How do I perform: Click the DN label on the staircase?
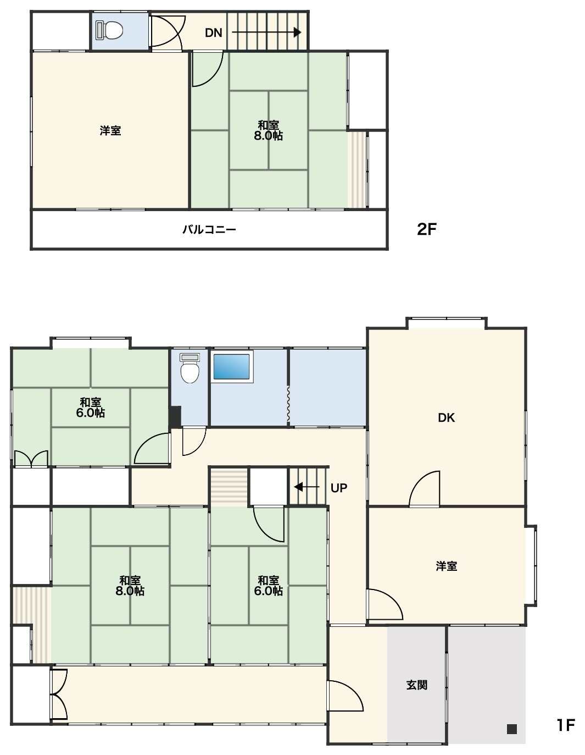click(213, 33)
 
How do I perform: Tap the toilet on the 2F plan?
click(109, 30)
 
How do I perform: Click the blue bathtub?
click(231, 366)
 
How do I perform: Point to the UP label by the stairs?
click(338, 488)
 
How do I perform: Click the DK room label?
click(446, 417)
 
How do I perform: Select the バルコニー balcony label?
click(209, 230)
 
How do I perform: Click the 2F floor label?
click(426, 229)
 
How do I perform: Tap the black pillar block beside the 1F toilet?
click(175, 417)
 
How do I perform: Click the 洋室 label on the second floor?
click(110, 131)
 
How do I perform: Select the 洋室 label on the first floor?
click(446, 566)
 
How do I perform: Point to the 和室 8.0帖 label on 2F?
click(268, 130)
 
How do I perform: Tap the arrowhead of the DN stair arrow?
click(297, 32)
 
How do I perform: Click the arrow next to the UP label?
click(307, 487)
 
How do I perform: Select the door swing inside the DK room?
click(425, 489)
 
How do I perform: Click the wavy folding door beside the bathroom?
click(288, 404)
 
